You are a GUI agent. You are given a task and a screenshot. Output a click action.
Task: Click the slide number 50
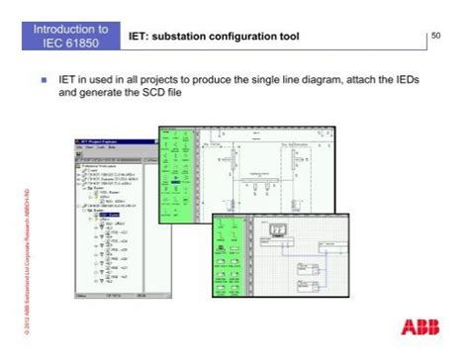(436, 37)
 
